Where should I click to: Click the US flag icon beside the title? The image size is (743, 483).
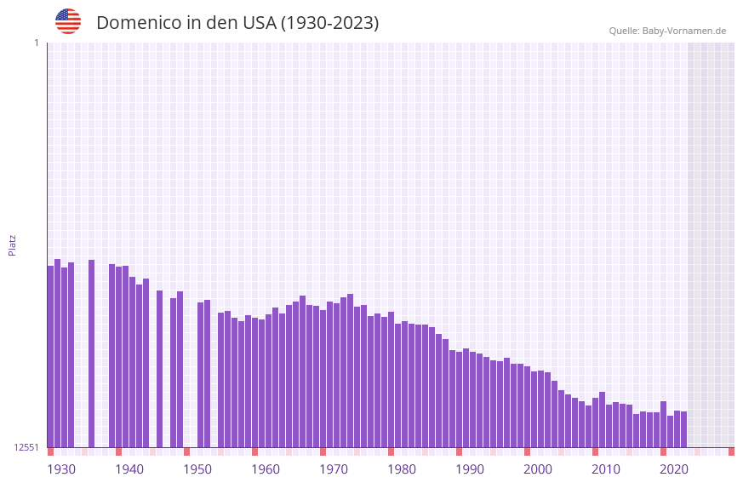pos(68,21)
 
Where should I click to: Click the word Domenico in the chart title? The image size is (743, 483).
pos(136,23)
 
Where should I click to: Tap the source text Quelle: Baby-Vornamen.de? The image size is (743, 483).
pos(667,31)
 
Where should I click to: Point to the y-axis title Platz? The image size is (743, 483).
pos(12,244)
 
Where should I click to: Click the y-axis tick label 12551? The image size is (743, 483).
pos(26,447)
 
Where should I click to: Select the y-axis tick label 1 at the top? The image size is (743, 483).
pos(36,43)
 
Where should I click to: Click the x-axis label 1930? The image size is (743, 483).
pos(61,469)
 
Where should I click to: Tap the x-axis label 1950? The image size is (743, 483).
pos(197,469)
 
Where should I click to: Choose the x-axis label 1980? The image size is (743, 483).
pos(402,469)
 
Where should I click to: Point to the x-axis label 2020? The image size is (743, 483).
pos(674,469)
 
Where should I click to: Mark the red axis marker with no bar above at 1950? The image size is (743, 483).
pos(186,451)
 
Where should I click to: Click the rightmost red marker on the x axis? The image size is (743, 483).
pos(731,451)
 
